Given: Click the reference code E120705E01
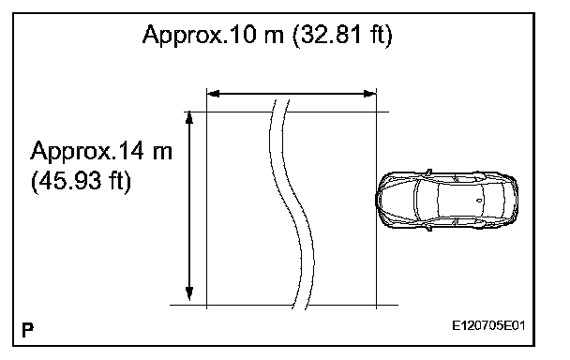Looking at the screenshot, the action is (488, 325).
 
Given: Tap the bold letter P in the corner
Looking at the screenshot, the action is (27, 330).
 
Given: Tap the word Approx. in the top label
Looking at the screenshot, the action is (185, 36).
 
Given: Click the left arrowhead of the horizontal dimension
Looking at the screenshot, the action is (213, 94).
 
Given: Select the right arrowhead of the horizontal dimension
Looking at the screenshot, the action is (370, 94).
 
